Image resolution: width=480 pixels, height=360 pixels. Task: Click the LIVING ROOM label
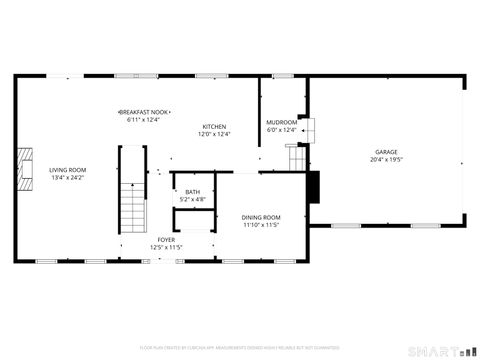[68, 170]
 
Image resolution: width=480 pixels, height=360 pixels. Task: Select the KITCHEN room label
[213, 127]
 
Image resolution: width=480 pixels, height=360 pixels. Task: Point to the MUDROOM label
[281, 122]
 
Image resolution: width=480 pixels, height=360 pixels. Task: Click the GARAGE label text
[386, 152]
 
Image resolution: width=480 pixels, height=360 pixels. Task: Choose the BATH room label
[192, 192]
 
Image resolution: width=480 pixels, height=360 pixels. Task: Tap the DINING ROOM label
[261, 217]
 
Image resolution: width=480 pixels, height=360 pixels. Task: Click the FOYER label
[165, 240]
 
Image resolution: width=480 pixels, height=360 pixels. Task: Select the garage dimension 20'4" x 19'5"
[386, 160]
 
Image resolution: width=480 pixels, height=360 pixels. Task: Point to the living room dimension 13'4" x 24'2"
[68, 178]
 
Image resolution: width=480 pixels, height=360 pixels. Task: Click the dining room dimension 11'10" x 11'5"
[261, 225]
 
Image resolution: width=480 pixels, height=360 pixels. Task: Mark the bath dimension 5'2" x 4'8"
[192, 200]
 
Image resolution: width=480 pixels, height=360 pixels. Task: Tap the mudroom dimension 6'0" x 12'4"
[281, 130]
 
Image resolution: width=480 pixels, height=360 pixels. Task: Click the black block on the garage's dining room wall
[314, 186]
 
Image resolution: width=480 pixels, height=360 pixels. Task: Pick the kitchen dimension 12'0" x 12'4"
[213, 135]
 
